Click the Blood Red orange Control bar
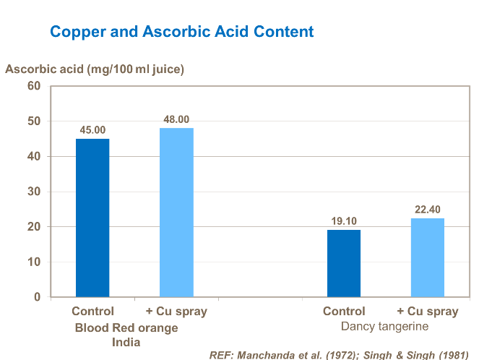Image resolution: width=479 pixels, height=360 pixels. tap(92, 218)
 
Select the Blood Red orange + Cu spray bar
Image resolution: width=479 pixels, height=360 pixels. tap(176, 213)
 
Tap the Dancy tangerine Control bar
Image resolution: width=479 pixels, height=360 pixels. tap(344, 263)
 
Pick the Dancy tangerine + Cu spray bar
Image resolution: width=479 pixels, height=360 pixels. tap(428, 257)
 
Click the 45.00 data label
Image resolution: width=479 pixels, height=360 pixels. tap(92, 130)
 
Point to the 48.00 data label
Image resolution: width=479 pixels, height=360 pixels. tap(176, 119)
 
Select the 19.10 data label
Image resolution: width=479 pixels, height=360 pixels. tap(344, 221)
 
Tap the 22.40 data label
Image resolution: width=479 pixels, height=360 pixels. tap(428, 210)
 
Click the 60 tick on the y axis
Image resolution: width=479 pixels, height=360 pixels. tap(34, 86)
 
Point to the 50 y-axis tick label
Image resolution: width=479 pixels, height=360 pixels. tap(34, 121)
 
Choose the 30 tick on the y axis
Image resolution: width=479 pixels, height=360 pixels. tap(34, 192)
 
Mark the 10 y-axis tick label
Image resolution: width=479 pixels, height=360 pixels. tap(34, 262)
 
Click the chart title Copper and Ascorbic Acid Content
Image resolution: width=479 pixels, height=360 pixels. tap(181, 32)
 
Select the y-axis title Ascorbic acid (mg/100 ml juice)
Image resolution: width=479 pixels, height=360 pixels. tap(95, 69)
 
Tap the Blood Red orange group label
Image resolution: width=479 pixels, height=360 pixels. tap(126, 327)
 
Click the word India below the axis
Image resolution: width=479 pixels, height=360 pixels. tap(126, 342)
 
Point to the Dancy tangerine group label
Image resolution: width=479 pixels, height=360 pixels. tap(384, 327)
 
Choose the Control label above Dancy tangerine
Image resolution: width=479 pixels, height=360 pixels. tap(344, 312)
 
